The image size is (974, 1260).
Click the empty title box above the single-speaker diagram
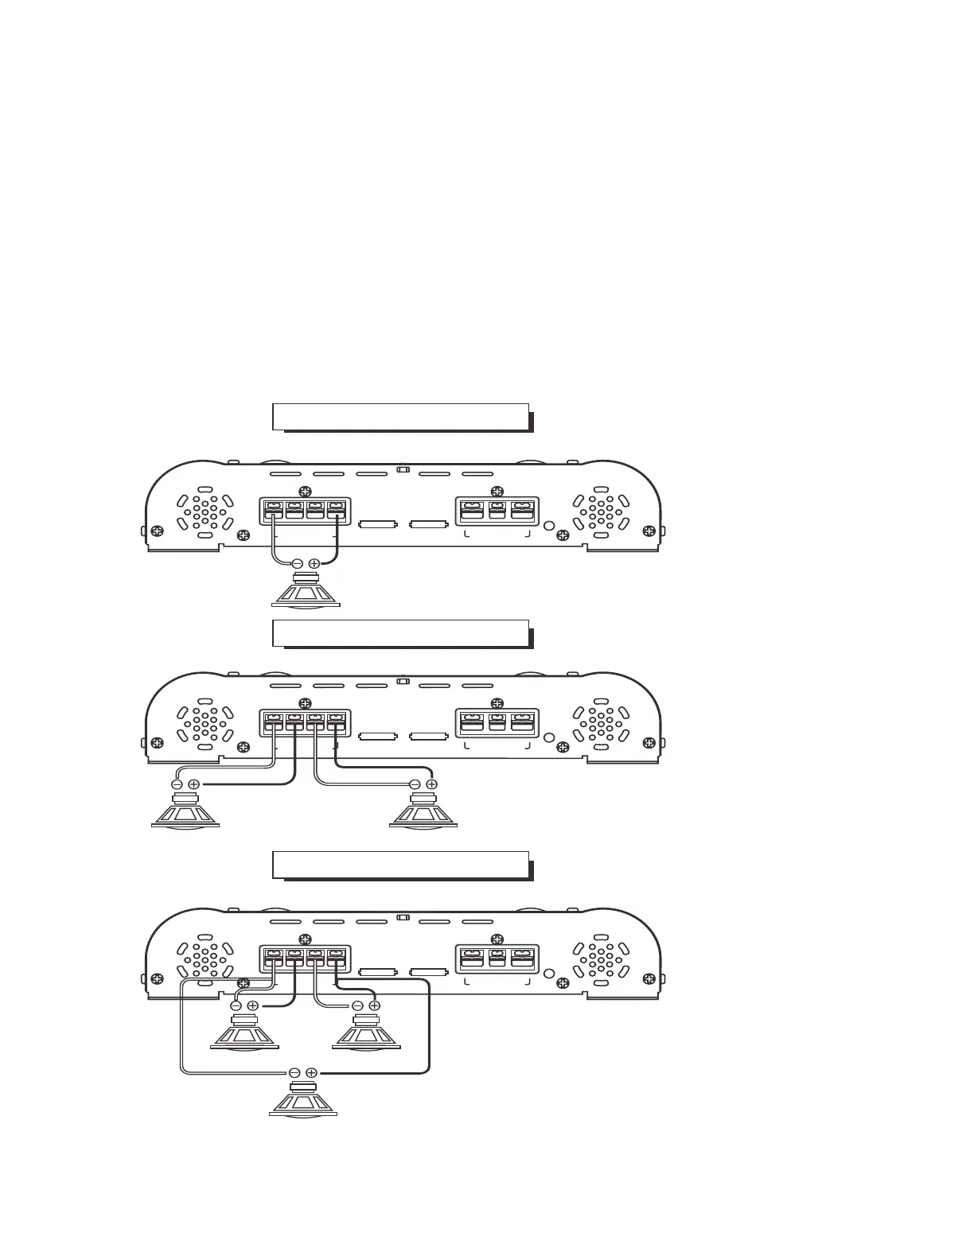tap(400, 416)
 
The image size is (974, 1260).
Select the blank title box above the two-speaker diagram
tap(400, 632)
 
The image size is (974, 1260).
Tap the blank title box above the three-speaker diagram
tap(400, 865)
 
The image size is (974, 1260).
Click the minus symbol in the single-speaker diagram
tap(297, 563)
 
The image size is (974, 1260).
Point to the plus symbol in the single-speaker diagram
tap(314, 563)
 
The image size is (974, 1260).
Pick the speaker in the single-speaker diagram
tap(306, 591)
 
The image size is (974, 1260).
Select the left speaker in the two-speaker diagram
tap(185, 811)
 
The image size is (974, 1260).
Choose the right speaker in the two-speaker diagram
tap(423, 811)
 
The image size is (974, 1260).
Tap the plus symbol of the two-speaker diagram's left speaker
tap(193, 784)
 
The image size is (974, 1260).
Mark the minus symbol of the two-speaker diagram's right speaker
tap(414, 784)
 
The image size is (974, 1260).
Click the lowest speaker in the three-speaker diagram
tap(303, 1101)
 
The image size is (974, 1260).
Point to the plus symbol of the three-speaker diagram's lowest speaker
tap(312, 1072)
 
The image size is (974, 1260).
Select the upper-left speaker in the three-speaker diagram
tap(243, 1033)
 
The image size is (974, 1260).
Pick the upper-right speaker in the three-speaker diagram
tap(365, 1033)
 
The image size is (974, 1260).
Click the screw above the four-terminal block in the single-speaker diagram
tap(303, 491)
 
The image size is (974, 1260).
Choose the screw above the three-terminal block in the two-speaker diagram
tap(497, 702)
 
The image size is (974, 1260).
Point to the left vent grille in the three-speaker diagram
tap(205, 960)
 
